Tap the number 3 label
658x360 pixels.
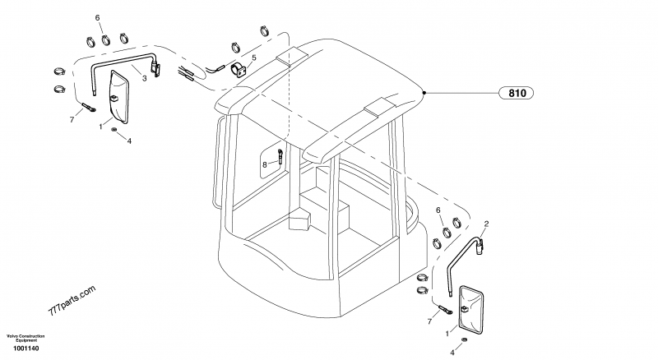point(144,78)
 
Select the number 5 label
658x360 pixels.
point(254,58)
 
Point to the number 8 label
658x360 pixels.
point(265,164)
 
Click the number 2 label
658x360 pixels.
point(486,223)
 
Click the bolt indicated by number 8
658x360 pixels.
point(280,155)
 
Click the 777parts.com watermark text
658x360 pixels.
point(72,302)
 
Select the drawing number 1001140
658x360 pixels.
point(26,348)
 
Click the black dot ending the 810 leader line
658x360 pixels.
point(424,94)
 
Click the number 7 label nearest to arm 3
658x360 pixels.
point(72,120)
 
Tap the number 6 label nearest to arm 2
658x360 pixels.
point(438,210)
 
